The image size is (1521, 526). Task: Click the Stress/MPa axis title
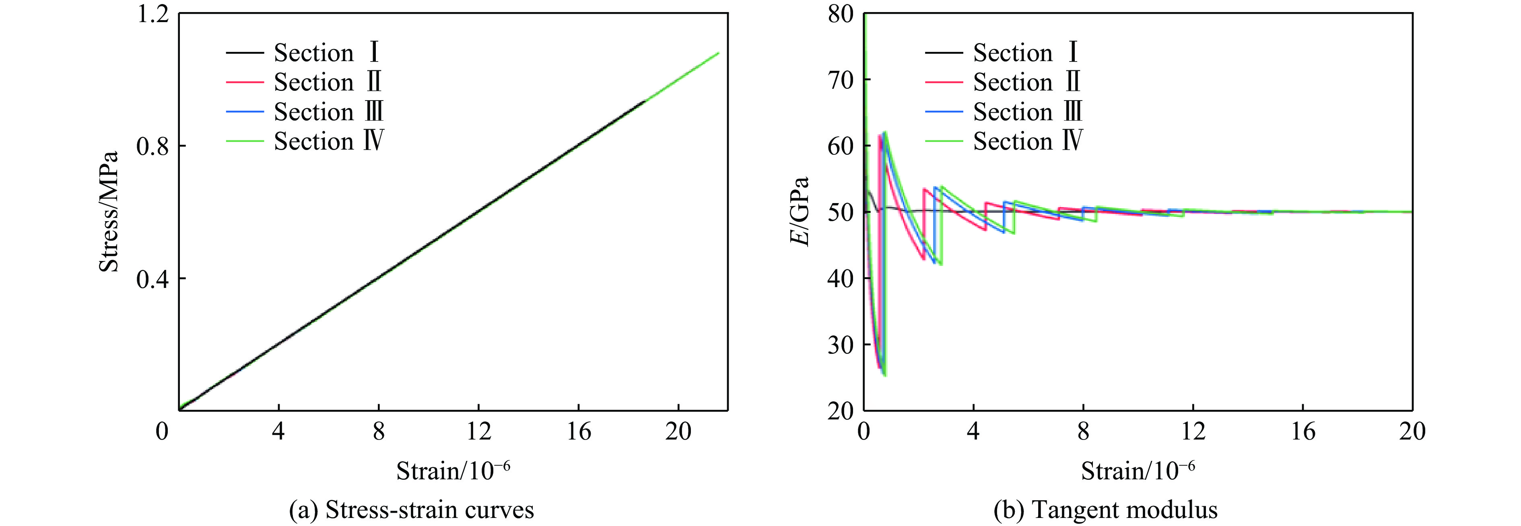(x=109, y=212)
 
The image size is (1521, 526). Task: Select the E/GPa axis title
(x=800, y=212)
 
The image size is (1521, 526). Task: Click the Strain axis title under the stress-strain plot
(x=453, y=471)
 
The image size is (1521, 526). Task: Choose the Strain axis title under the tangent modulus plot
(x=1138, y=471)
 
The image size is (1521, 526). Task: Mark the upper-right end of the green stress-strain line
(x=718, y=53)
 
